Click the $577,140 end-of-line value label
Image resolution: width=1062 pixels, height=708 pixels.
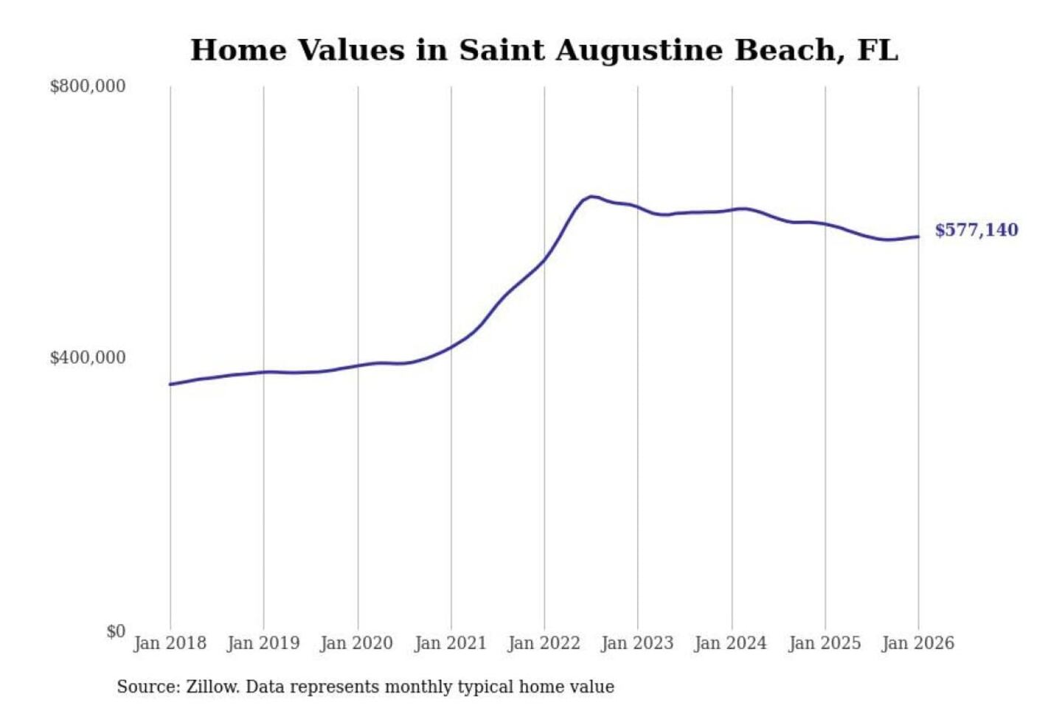[x=976, y=230]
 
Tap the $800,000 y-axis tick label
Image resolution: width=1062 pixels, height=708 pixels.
[x=87, y=86]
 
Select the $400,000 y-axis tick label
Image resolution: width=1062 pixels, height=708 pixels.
[x=87, y=358]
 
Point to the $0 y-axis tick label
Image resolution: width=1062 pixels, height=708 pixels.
[x=115, y=631]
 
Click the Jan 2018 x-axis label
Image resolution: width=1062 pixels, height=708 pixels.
[x=170, y=643]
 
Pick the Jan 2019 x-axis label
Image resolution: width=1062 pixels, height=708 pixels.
[x=263, y=643]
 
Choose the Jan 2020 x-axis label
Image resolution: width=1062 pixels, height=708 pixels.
[x=357, y=643]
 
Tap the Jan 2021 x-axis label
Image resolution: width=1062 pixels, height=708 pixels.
[x=451, y=643]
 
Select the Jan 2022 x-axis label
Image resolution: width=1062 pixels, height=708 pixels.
[x=544, y=643]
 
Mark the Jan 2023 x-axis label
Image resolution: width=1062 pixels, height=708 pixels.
[x=637, y=643]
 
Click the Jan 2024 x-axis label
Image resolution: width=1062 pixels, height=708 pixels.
[x=731, y=643]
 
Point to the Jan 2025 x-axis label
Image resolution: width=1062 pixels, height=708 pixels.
[x=825, y=643]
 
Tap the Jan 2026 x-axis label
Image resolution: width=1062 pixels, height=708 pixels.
[x=918, y=643]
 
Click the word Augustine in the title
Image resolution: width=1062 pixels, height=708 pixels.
[x=639, y=51]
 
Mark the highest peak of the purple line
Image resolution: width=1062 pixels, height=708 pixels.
[x=591, y=196]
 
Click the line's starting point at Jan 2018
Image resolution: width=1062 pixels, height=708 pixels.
[x=170, y=384]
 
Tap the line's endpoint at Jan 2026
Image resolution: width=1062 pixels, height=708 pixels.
[x=918, y=237]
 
